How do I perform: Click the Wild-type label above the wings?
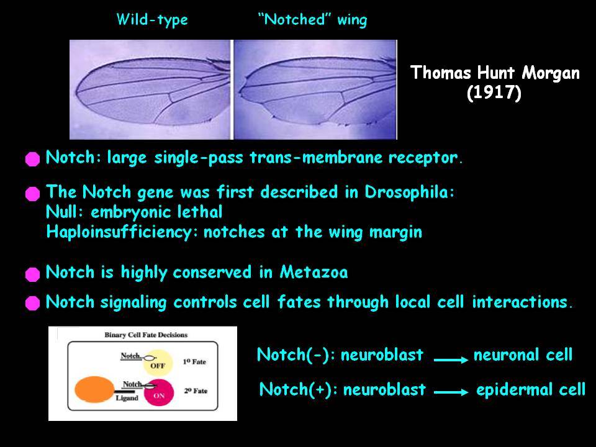152,20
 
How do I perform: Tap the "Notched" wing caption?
313,20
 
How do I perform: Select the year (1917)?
494,93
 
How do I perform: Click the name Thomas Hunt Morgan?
495,73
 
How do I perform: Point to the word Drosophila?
409,192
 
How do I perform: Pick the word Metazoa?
314,272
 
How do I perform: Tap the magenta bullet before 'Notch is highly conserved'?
33,274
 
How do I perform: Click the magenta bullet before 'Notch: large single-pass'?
33,159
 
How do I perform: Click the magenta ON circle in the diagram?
159,392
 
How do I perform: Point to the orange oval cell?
94,389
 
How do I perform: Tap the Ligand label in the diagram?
127,398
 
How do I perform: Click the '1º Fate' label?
194,362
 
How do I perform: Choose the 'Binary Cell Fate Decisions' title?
146,335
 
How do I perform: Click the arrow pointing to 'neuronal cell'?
451,359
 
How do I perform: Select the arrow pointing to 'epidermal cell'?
451,392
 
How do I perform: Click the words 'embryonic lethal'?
156,212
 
